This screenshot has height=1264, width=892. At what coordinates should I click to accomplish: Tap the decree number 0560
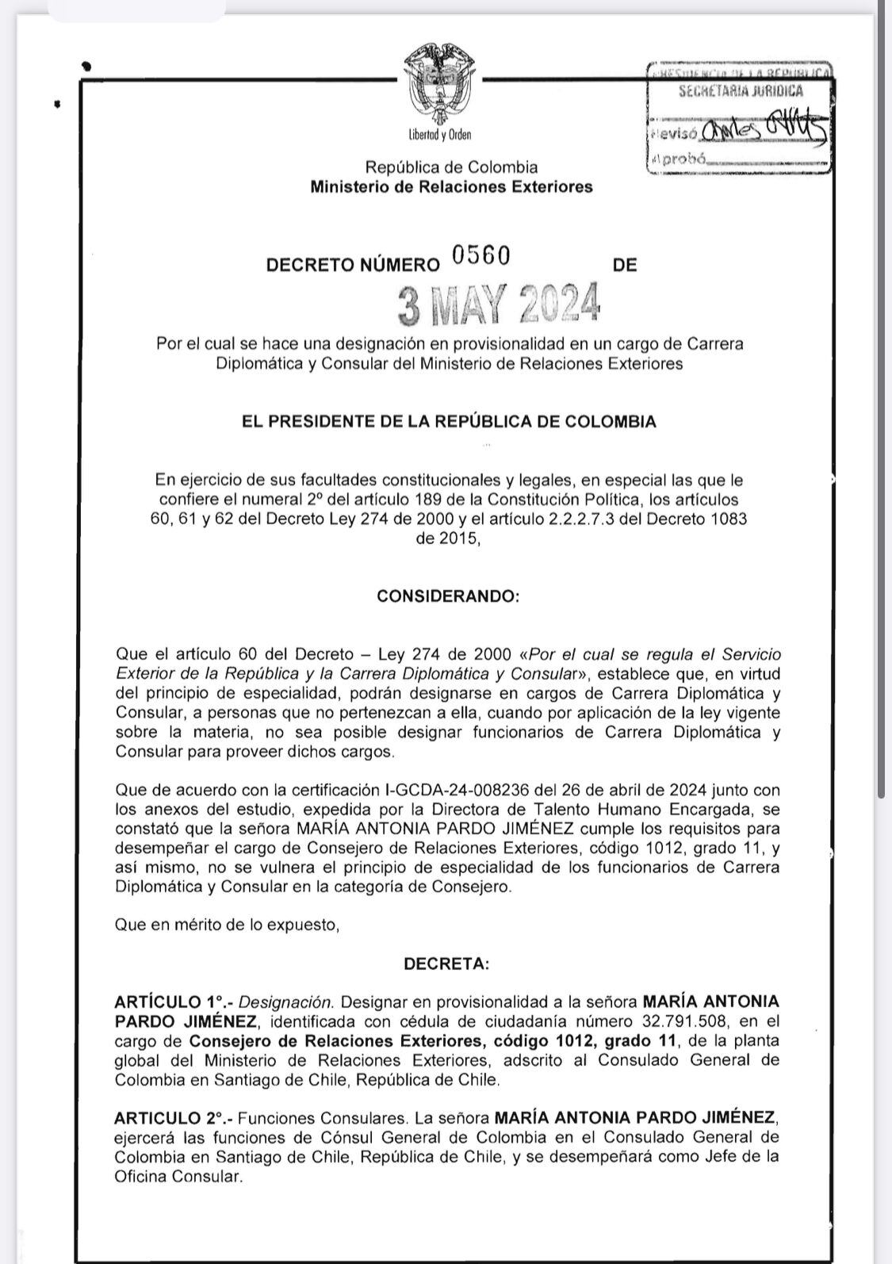coord(480,255)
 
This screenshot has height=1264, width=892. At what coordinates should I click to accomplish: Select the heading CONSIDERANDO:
coord(448,596)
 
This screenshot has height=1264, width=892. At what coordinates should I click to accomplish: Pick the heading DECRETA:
coord(446,964)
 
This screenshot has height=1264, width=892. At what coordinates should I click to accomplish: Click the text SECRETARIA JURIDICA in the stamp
coord(741,91)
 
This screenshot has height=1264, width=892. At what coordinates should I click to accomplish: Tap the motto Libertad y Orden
coord(440,135)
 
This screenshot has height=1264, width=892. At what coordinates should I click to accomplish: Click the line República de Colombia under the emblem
coord(450,167)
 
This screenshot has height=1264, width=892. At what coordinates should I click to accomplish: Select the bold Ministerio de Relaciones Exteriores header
coord(450,187)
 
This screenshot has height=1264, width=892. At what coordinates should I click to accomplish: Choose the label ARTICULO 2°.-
coord(172,1118)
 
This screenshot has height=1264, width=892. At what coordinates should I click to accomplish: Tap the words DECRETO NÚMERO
coord(352,265)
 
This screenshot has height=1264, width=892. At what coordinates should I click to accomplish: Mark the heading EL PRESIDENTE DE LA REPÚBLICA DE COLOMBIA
coord(449,422)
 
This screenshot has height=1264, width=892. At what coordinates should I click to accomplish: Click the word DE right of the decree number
coord(625,265)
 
